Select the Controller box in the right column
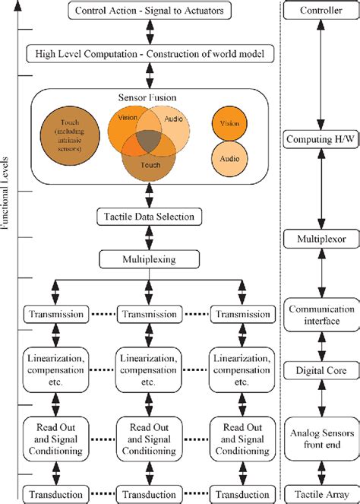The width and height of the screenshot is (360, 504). (321, 11)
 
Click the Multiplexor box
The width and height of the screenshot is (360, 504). (321, 239)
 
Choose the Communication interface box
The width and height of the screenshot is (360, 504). (321, 315)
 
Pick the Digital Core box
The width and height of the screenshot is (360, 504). (321, 370)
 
